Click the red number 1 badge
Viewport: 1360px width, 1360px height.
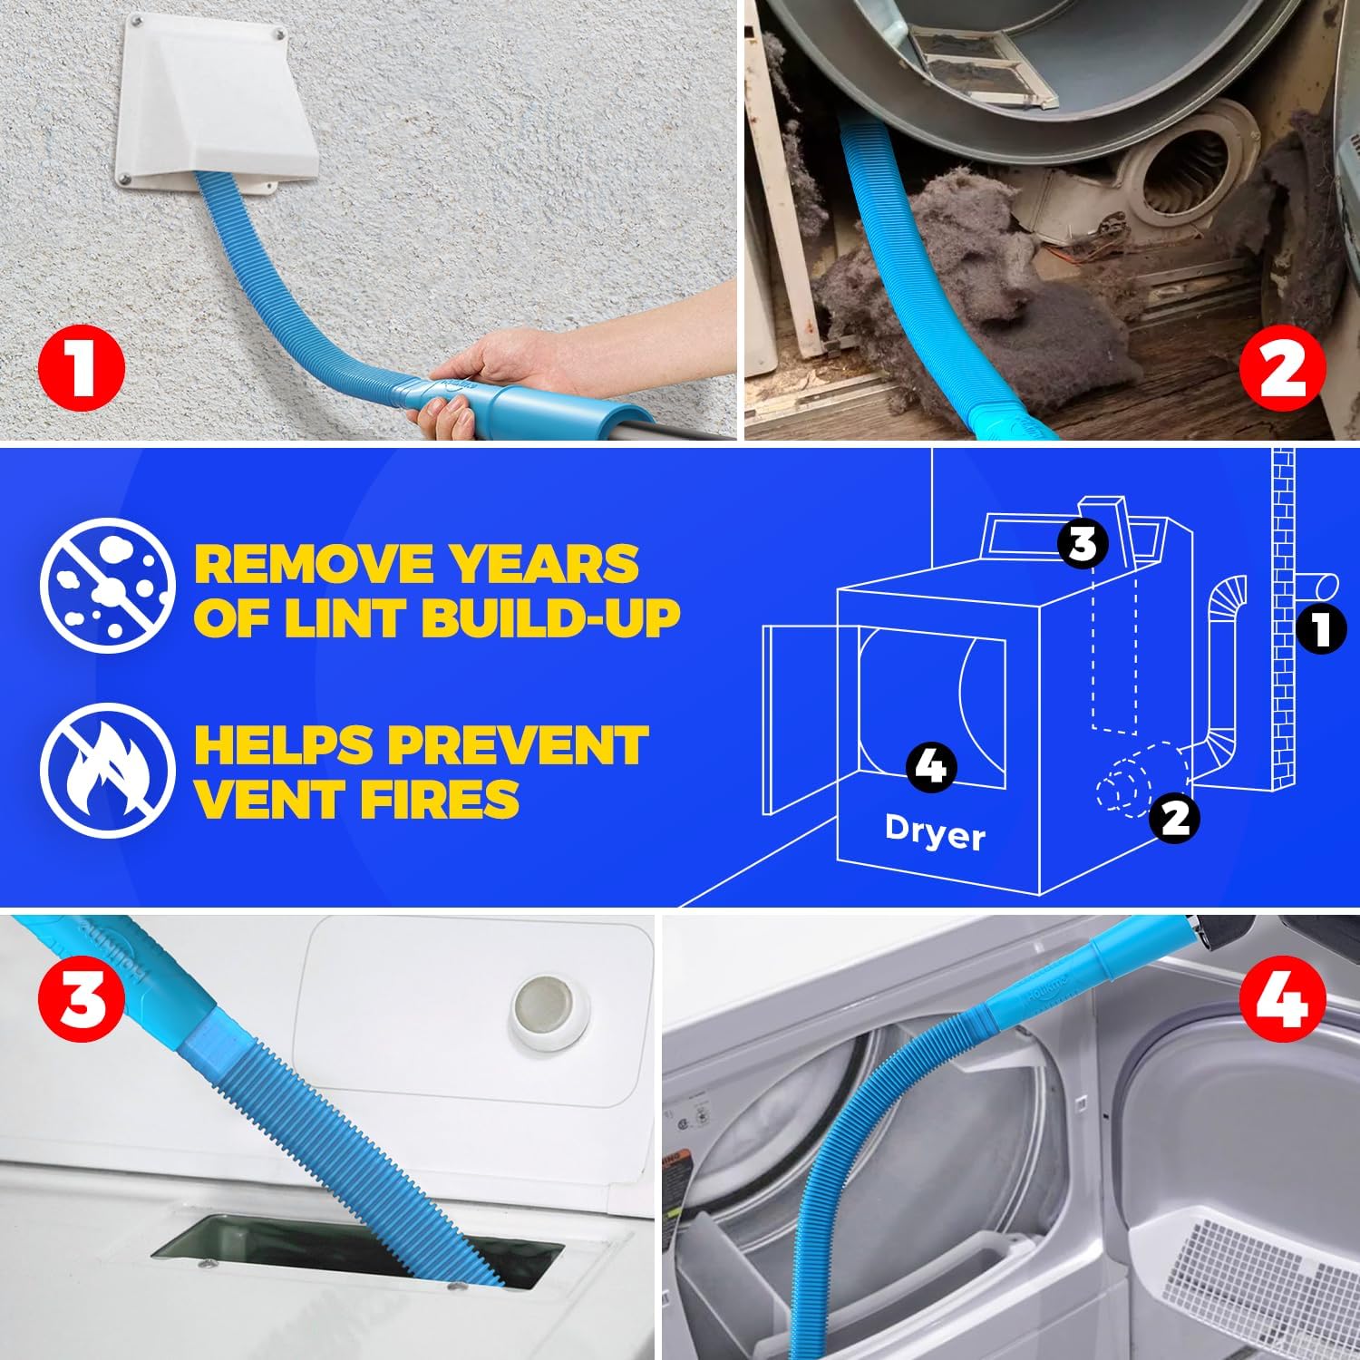point(82,368)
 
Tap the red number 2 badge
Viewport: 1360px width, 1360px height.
point(1282,368)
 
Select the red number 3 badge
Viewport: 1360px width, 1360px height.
point(82,1000)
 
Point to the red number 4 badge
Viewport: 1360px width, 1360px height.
point(1282,1000)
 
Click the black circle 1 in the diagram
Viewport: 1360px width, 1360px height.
point(1321,629)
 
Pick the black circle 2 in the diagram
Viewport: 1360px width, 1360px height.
point(1174,818)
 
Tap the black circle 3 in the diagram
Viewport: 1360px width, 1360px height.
point(1083,543)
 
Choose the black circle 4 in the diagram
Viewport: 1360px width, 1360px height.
point(931,767)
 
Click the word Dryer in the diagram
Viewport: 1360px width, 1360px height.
point(934,832)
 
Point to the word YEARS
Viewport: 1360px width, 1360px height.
point(545,564)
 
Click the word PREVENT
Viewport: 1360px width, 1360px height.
point(518,745)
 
